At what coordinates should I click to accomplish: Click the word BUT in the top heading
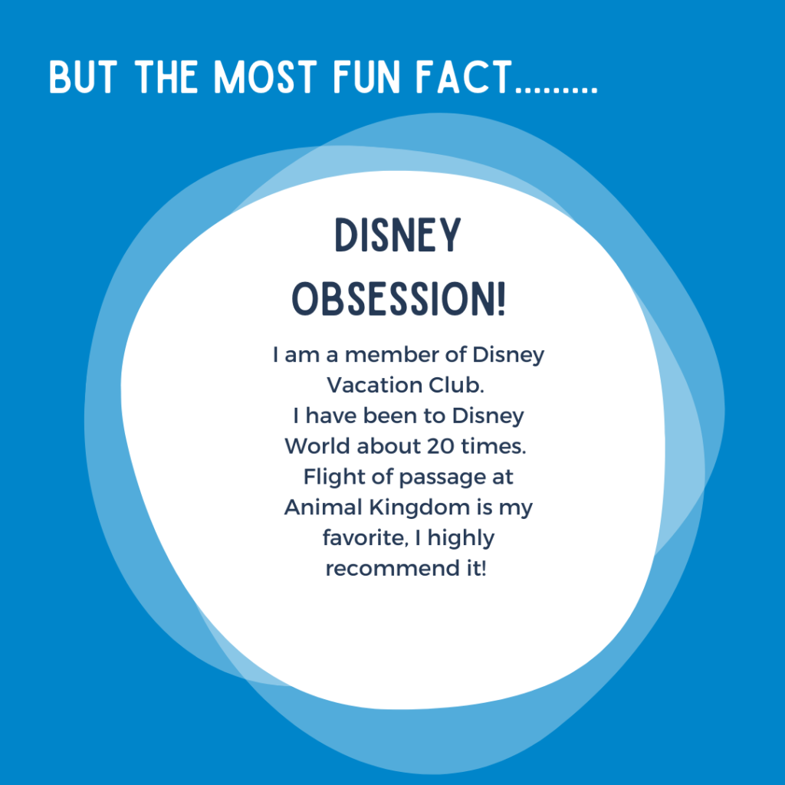83,77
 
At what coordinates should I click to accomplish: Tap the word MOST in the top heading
265,77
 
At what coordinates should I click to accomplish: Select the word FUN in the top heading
367,77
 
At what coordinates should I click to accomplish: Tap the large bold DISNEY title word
398,235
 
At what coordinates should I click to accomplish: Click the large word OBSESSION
393,298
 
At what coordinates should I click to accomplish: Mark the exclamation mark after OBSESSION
501,298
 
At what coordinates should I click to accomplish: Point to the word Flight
334,477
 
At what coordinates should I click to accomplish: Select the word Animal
323,507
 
